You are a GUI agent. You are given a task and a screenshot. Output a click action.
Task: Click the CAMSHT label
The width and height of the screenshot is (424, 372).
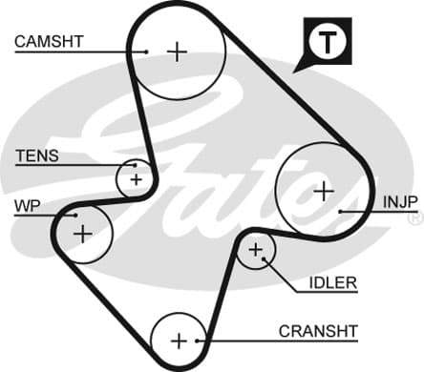(x=49, y=42)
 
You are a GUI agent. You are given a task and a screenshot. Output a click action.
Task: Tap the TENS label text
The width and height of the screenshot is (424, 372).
(x=37, y=155)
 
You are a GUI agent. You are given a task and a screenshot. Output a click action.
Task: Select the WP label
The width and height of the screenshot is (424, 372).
(x=28, y=206)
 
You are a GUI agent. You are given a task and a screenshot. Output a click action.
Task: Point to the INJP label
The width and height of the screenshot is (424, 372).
(x=400, y=202)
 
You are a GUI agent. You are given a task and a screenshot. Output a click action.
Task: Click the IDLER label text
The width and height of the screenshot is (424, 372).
(x=333, y=283)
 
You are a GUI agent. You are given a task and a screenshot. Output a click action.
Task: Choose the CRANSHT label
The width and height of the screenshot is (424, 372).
(x=318, y=331)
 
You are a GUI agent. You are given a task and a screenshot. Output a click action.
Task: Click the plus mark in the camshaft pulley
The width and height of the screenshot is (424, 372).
(x=177, y=52)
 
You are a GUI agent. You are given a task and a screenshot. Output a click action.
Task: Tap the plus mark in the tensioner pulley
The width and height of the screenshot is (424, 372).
(x=137, y=180)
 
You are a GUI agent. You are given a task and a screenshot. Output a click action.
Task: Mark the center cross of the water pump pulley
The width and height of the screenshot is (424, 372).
(x=83, y=235)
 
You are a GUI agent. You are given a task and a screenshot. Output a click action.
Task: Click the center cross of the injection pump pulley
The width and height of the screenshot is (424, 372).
(x=324, y=192)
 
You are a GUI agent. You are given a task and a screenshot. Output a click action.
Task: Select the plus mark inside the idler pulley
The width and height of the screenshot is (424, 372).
(x=256, y=250)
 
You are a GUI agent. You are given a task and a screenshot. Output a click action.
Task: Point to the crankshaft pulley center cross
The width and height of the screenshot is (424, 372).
(x=180, y=341)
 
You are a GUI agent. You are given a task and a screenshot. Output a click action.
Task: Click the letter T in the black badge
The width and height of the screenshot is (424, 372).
(x=328, y=42)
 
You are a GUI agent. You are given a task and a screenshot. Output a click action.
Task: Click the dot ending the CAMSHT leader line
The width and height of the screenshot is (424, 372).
(x=146, y=52)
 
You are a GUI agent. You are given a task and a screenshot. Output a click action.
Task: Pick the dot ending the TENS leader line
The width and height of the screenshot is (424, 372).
(x=135, y=165)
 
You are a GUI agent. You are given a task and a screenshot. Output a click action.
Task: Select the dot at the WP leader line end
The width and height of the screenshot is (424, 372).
(x=75, y=216)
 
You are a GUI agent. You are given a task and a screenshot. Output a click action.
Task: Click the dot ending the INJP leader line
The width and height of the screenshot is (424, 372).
(x=340, y=212)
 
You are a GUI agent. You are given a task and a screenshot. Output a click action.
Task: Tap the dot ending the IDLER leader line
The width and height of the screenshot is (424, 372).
(x=264, y=258)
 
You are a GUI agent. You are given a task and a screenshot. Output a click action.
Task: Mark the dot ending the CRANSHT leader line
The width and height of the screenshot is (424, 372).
(x=198, y=341)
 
